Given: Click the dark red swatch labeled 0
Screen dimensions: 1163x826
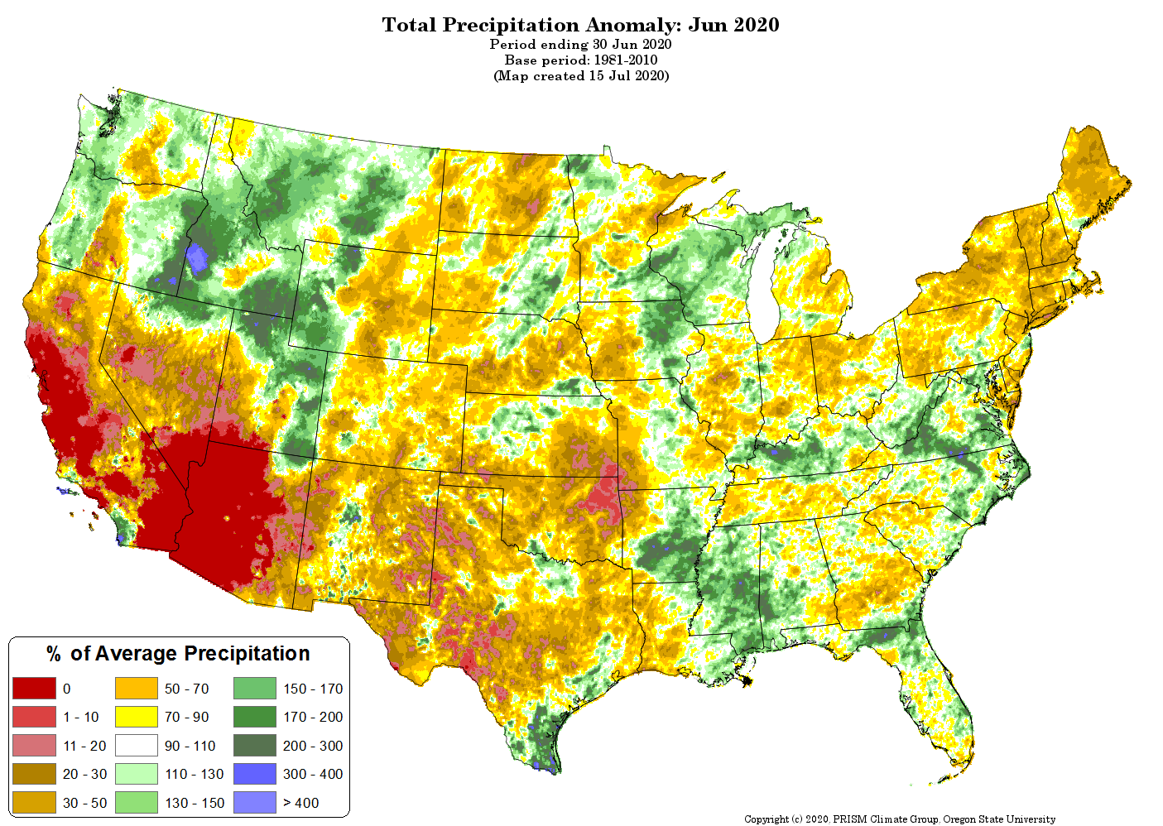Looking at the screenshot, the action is (34, 688).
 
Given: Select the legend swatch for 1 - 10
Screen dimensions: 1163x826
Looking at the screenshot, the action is (34, 717).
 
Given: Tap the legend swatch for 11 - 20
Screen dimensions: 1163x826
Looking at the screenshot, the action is (34, 746).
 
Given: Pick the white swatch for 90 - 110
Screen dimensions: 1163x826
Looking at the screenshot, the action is (137, 746).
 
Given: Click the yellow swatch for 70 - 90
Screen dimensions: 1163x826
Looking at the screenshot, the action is (137, 717).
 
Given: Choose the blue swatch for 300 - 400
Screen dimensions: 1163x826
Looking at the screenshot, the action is (255, 774).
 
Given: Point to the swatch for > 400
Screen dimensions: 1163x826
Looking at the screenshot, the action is (255, 802).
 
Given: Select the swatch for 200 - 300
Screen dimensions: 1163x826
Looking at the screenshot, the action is (255, 746).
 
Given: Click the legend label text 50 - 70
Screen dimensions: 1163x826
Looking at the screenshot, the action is (187, 689).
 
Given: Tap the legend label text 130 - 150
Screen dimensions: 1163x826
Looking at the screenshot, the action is (195, 803).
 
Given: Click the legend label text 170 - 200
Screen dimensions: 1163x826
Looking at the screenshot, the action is (313, 717).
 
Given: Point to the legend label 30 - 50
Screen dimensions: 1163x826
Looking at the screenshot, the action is (84, 803).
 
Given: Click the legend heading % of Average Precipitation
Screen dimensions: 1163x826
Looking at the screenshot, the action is (178, 654).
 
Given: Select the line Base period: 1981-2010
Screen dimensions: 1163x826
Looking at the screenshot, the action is (581, 60).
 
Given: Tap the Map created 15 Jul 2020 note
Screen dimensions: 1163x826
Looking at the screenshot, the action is (581, 76).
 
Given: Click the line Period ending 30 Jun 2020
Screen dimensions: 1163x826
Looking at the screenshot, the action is (580, 44).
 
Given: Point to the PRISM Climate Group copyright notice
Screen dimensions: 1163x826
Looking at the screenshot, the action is (900, 819).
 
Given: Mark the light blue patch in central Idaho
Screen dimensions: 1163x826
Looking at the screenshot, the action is (197, 258).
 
